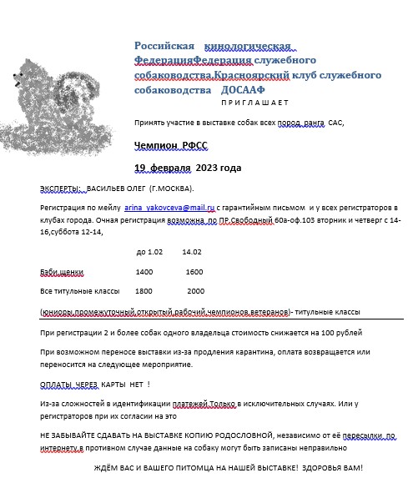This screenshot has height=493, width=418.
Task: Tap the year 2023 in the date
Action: pos(205,168)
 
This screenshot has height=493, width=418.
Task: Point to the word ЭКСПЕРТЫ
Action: pos(59,189)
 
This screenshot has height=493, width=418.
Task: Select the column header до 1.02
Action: pos(149,251)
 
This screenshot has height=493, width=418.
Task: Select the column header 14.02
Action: pos(192,251)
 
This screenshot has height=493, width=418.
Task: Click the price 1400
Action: pos(144,272)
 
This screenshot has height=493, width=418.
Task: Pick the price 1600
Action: pos(194,272)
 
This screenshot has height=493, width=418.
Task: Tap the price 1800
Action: pos(144,291)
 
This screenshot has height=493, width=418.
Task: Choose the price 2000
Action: pos(196,291)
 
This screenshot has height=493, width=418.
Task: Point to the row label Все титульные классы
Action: pos(80,291)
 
